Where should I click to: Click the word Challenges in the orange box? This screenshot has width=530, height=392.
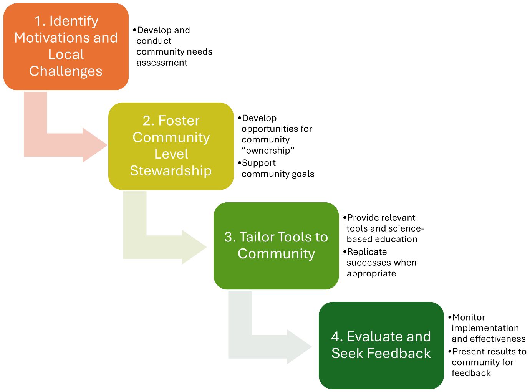tap(66, 71)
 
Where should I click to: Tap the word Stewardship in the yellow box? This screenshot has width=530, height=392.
tap(171, 171)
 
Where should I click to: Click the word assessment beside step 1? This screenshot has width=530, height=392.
tap(162, 63)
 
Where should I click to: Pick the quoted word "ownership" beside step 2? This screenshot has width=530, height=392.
tap(268, 151)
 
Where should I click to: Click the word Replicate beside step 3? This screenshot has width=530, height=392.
tap(367, 252)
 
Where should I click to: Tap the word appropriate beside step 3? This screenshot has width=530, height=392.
tap(371, 274)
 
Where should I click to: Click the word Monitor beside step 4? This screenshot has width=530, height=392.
tap(469, 318)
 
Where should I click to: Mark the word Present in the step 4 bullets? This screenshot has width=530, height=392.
tap(469, 352)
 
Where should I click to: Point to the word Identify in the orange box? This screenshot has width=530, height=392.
tap(74, 21)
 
